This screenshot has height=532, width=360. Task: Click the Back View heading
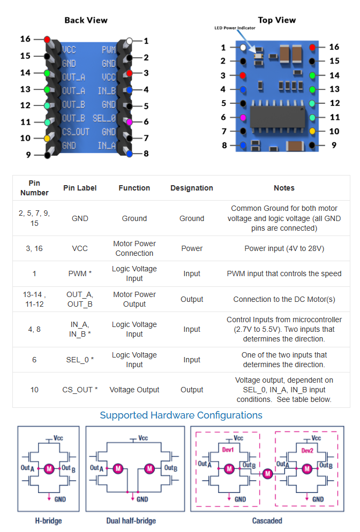coord(86,20)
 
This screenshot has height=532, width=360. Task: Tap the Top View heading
coord(276,20)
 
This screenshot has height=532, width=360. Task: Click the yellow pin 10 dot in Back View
coord(48,139)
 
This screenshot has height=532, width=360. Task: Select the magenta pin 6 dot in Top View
coord(243,117)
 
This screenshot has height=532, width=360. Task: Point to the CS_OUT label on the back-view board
coord(76,132)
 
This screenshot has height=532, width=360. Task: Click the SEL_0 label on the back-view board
coord(104,118)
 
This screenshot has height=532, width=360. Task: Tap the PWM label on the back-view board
coord(109,50)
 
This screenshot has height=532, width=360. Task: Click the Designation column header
coord(192,188)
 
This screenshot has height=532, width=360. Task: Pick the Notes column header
coord(284,188)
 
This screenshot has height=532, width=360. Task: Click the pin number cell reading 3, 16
coord(34,248)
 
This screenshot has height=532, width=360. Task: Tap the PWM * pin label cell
coord(80,273)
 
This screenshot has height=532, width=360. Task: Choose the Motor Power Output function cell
coord(134,299)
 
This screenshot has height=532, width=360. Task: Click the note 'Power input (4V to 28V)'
coord(284,248)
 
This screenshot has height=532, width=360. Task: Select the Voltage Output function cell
coord(134,390)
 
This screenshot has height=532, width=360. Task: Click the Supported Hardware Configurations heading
coord(181,415)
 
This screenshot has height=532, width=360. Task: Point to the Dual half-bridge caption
coord(131,520)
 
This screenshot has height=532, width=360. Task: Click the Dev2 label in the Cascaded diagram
coord(307,451)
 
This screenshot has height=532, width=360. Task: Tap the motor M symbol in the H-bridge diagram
coord(49,469)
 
